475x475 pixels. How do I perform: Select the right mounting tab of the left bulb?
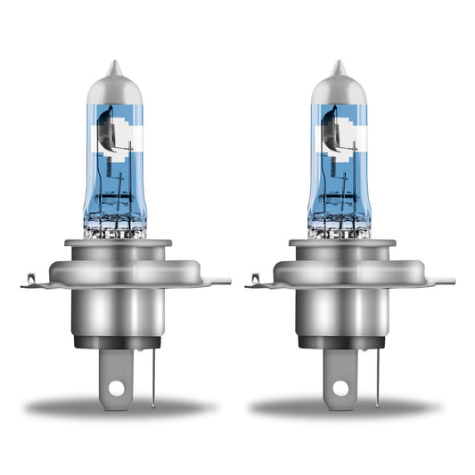point(220,282)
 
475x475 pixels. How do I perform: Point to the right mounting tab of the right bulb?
point(445,282)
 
